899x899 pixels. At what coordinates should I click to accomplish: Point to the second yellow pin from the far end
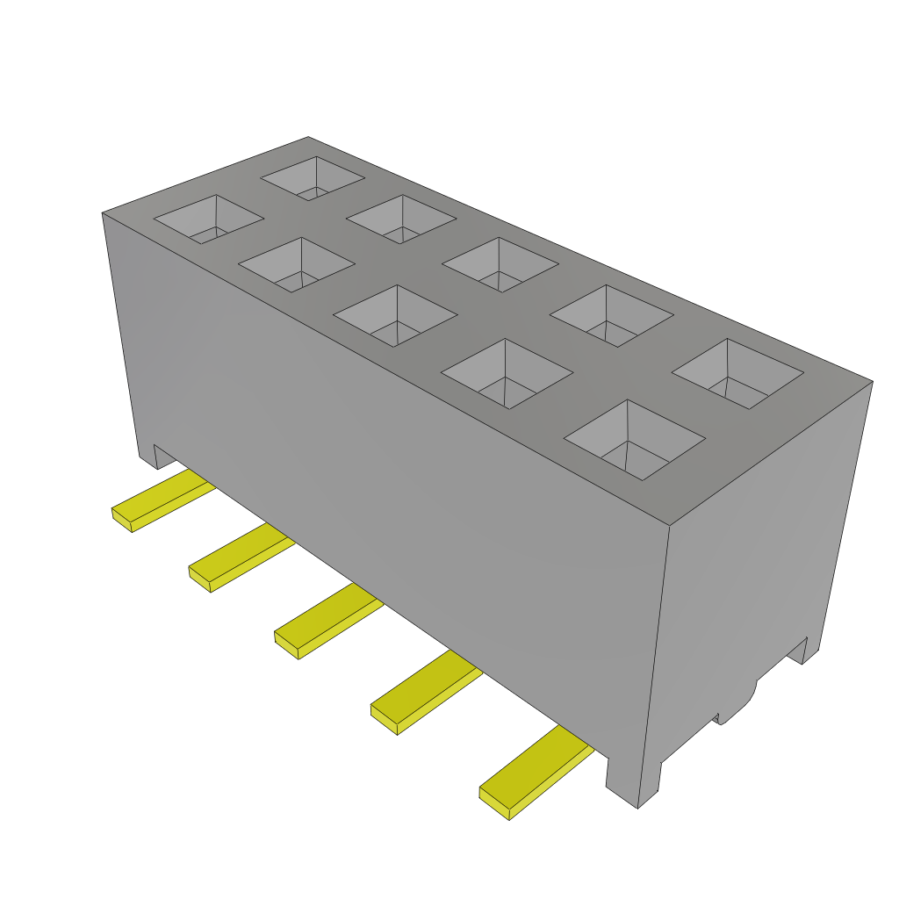point(241,558)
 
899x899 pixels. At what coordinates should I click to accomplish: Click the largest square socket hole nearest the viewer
point(635,439)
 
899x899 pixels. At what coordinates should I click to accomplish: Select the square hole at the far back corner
point(313,178)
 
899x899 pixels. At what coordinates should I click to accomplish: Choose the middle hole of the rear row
point(500,264)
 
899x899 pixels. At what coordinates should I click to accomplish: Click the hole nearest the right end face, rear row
point(737,373)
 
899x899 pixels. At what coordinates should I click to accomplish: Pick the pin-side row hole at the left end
point(209,219)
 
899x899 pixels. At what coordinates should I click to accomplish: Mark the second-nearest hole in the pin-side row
point(507,373)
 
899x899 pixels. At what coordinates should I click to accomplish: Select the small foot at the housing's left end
point(147,451)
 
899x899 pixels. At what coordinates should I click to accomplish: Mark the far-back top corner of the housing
point(308,137)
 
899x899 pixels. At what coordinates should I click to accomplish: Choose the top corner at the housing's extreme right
point(872,381)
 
